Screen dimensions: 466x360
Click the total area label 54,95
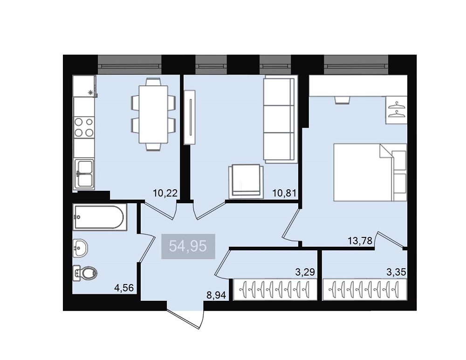(x=188, y=246)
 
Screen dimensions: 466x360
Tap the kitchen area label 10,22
(x=165, y=193)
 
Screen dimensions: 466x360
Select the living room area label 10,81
(x=284, y=193)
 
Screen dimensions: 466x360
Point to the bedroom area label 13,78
(x=360, y=241)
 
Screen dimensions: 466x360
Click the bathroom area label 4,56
(x=124, y=288)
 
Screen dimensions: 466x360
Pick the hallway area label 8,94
(x=216, y=295)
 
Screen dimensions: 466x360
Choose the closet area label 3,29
(x=305, y=272)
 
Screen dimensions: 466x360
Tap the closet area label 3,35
(x=396, y=272)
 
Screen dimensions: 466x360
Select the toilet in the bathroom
(x=85, y=273)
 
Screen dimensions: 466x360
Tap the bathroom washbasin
(x=80, y=248)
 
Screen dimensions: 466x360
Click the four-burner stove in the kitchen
(x=84, y=127)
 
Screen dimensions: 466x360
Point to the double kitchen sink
(x=84, y=174)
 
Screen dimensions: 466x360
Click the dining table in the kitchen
(x=153, y=114)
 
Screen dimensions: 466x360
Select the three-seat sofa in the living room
(x=280, y=119)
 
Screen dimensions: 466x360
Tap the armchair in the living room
(x=246, y=181)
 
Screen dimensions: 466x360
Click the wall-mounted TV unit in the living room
(x=190, y=117)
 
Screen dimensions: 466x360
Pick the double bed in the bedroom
(x=370, y=172)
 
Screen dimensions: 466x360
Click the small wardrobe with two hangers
(x=396, y=110)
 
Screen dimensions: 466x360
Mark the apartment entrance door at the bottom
(x=185, y=319)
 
